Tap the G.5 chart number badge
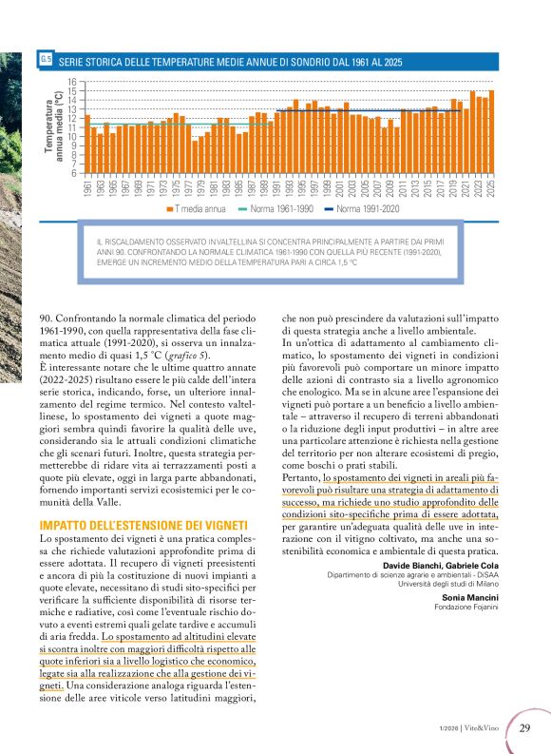point(46,61)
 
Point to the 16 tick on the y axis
point(72,82)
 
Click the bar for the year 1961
point(88,144)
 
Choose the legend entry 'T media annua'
point(196,207)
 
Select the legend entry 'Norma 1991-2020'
point(365,207)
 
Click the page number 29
point(525,728)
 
